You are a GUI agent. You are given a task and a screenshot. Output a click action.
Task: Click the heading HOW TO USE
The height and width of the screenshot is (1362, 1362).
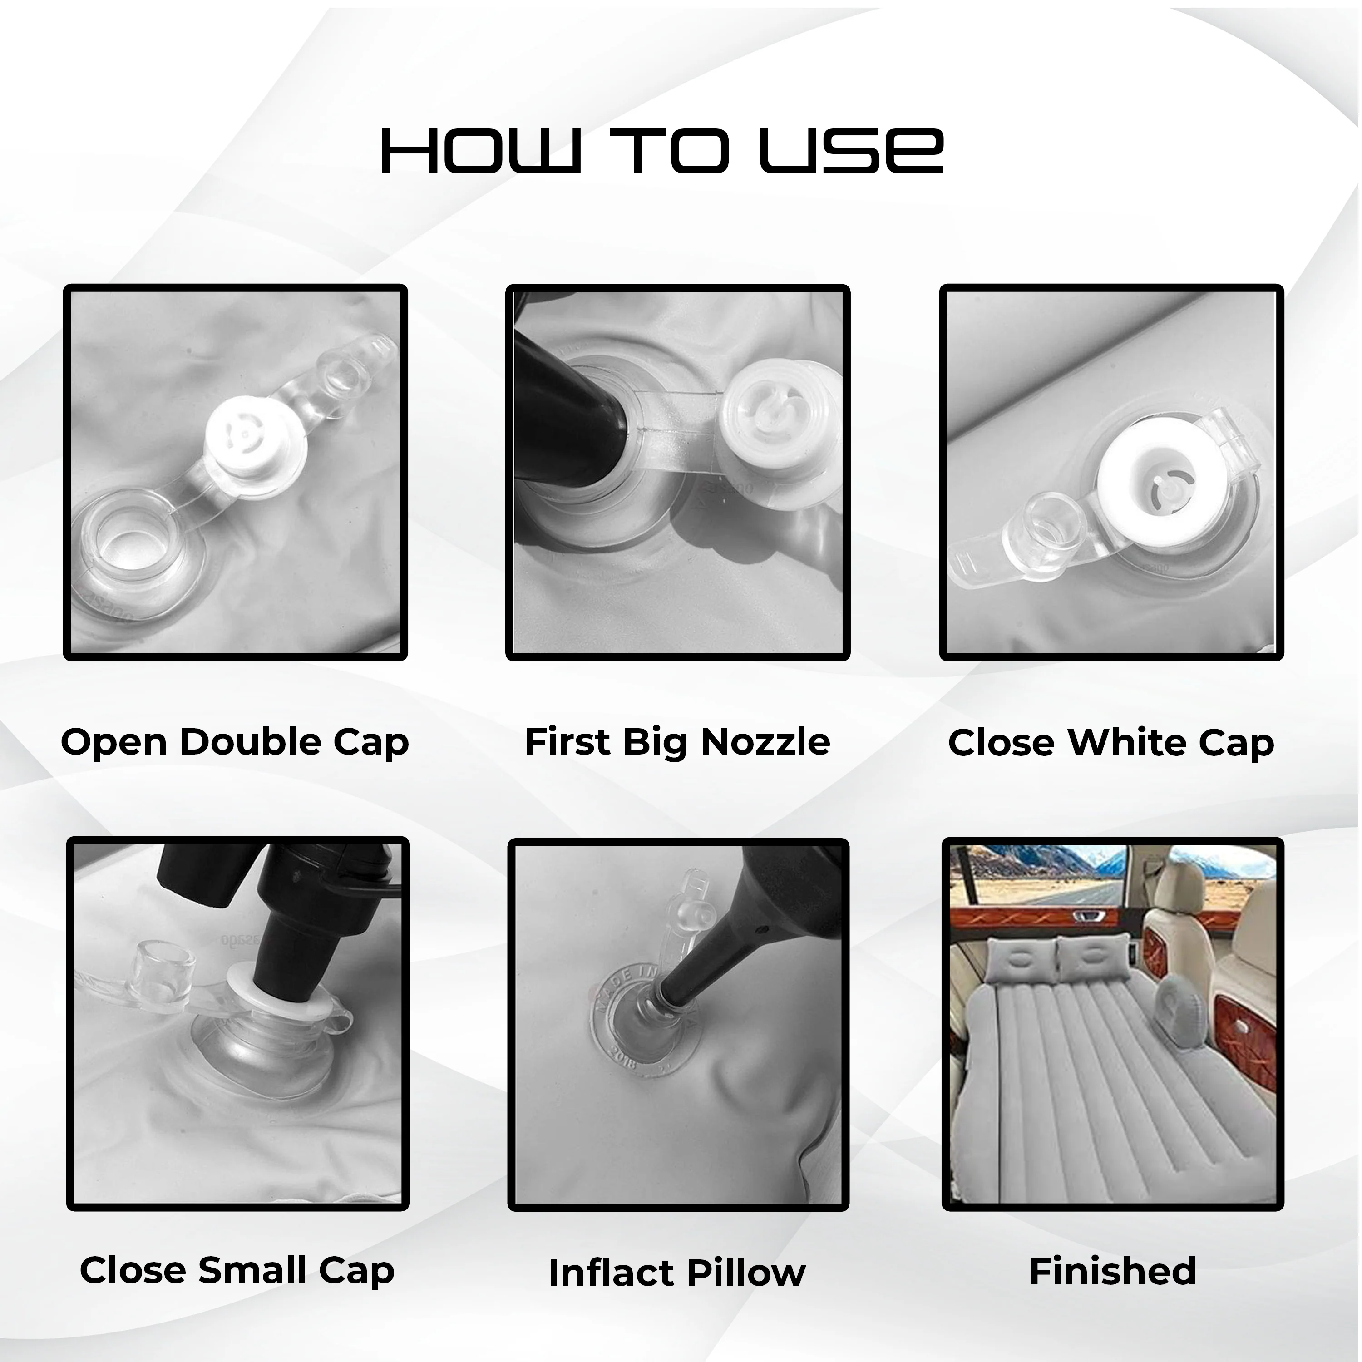[x=661, y=151]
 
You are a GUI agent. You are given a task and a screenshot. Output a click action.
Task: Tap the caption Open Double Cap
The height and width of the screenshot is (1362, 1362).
[x=235, y=742]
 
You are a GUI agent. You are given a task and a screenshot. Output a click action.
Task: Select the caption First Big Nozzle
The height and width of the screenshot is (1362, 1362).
[x=677, y=742]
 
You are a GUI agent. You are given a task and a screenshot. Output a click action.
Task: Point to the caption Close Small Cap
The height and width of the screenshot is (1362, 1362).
[x=237, y=1270]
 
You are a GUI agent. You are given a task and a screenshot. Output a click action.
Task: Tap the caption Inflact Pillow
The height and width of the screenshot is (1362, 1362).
[x=677, y=1273]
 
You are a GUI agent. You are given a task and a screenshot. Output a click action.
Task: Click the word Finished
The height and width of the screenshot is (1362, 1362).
[x=1112, y=1271]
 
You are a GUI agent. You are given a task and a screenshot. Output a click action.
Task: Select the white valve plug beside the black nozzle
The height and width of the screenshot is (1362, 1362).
[x=769, y=423]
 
